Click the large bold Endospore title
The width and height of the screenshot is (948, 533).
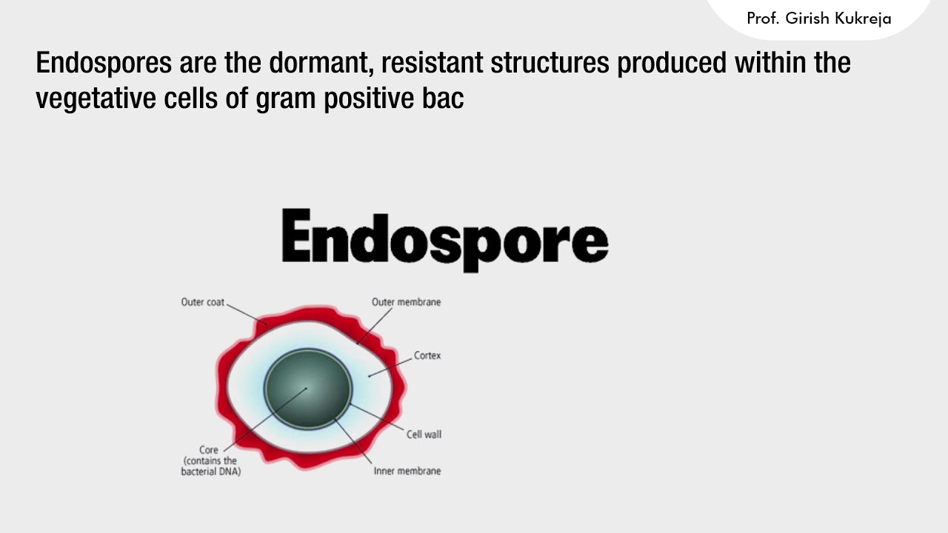click(x=444, y=237)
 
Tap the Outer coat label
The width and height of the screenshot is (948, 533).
click(x=202, y=302)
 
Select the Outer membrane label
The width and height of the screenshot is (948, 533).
click(x=406, y=302)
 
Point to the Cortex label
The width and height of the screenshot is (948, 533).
click(x=427, y=355)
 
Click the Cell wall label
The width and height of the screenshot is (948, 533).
click(x=424, y=435)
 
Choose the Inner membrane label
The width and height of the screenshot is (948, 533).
click(x=407, y=471)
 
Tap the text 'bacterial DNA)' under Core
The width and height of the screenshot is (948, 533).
click(x=211, y=472)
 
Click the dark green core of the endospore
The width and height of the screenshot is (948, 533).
click(x=308, y=388)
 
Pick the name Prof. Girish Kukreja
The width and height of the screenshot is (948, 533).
click(x=818, y=19)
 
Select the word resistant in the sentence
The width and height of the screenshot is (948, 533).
click(x=424, y=63)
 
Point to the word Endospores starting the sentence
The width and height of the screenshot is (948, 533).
click(x=103, y=63)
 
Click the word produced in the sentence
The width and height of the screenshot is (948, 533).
click(x=672, y=63)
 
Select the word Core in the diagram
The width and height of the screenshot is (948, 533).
click(x=209, y=450)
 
